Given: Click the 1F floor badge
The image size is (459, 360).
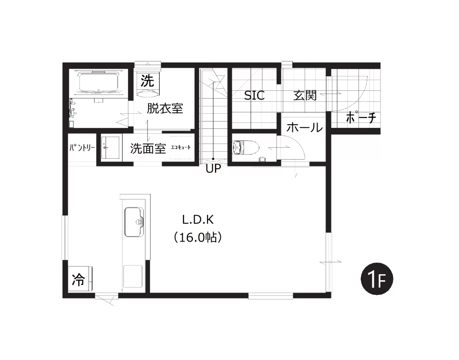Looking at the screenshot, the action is [377, 279].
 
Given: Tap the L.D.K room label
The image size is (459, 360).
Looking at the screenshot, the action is [198, 220].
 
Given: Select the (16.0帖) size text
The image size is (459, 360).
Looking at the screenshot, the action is [197, 238].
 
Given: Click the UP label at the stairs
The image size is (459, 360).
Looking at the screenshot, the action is [213, 168].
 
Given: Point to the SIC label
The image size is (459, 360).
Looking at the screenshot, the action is [254, 95].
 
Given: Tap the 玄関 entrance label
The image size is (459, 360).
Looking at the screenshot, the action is [305, 95].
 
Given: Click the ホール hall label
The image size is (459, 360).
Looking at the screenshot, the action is [304, 127].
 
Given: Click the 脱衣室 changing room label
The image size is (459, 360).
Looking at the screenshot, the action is [165, 108].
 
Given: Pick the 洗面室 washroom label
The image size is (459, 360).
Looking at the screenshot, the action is [148, 148].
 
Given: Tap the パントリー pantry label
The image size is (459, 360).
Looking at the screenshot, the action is [82, 148].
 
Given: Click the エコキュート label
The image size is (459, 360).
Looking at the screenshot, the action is [180, 147].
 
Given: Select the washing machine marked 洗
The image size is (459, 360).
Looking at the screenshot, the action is [148, 82].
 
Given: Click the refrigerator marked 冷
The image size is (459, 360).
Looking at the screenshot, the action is [80, 279].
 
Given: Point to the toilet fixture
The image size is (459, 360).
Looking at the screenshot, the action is [246, 147].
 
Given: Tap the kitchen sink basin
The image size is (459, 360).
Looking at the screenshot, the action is [134, 222].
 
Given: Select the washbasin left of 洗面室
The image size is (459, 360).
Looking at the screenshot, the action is [111, 147].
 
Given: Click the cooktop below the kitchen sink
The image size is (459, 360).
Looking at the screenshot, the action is [133, 277].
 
